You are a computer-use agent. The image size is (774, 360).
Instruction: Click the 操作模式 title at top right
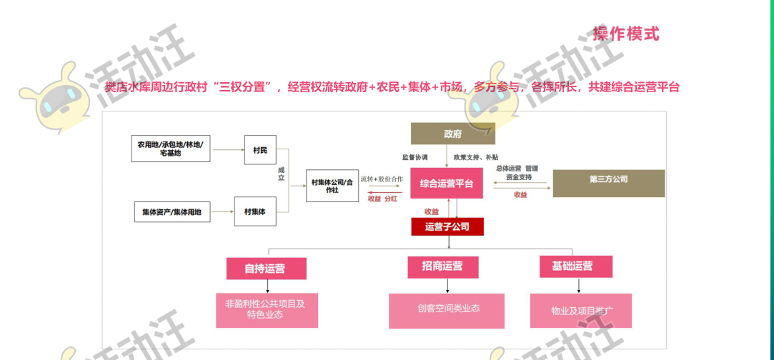click(x=625, y=34)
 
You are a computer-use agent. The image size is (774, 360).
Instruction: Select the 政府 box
click(x=452, y=134)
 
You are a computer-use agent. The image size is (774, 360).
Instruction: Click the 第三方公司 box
click(x=608, y=179)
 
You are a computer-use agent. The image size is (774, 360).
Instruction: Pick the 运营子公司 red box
click(x=447, y=227)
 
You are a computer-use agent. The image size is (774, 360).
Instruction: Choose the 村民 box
click(x=260, y=150)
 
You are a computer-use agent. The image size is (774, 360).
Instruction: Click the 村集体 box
click(x=254, y=211)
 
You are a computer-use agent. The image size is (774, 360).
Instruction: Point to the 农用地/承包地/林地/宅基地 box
click(x=171, y=149)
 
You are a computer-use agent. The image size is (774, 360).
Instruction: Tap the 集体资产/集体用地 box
click(x=172, y=211)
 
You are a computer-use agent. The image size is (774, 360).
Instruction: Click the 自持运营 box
click(x=266, y=269)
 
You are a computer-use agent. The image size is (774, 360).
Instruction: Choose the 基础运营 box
click(x=576, y=266)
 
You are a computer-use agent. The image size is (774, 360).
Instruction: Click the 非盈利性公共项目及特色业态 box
click(x=266, y=309)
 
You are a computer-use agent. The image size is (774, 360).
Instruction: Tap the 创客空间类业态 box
click(x=448, y=309)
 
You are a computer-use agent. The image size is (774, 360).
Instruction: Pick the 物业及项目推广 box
click(x=580, y=311)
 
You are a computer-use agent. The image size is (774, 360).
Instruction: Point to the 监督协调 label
click(x=415, y=156)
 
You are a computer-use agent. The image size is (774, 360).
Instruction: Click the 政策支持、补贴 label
click(x=477, y=156)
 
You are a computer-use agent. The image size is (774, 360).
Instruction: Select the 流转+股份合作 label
click(x=382, y=179)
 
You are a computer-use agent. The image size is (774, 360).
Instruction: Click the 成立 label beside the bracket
click(x=282, y=173)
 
